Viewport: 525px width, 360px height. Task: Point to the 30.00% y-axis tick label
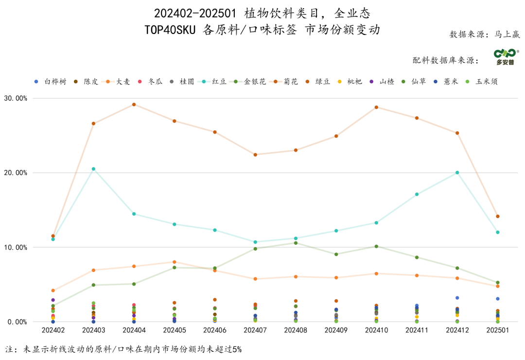[x=16, y=98]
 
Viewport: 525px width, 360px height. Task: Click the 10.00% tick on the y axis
[x=16, y=247]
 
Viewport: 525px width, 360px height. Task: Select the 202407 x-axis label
[x=255, y=330]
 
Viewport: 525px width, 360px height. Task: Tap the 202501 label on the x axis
[x=497, y=330]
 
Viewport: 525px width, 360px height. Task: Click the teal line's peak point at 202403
[x=93, y=169]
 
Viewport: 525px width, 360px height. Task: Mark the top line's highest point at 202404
[x=134, y=104]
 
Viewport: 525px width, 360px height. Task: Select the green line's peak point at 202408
[x=296, y=243]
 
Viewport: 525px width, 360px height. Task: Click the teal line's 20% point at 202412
[x=457, y=172]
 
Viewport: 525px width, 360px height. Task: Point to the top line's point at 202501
[x=497, y=216]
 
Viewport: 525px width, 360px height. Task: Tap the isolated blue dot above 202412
[x=457, y=298]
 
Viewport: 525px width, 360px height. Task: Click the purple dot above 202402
[x=53, y=300]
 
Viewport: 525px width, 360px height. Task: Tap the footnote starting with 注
[x=123, y=349]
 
